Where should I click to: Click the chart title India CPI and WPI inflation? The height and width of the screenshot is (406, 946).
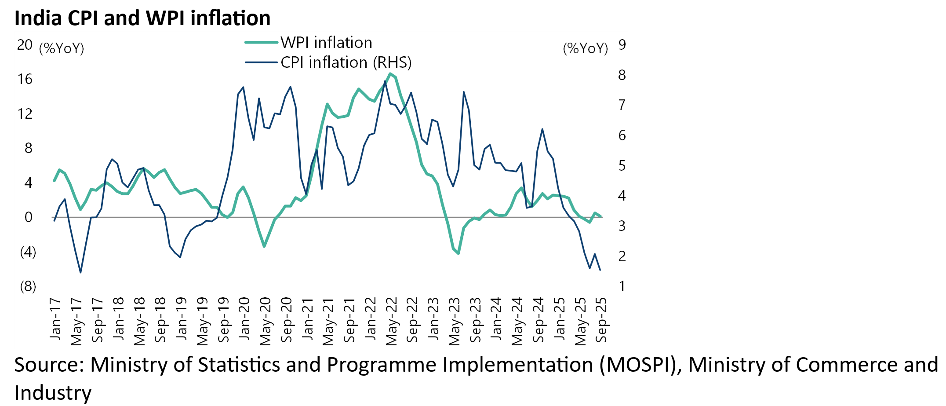142,18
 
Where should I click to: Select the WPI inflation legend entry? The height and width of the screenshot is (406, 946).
326,43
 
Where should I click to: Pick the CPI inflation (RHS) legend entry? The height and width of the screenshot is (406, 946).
346,62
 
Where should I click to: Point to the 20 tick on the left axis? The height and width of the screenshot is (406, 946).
25,45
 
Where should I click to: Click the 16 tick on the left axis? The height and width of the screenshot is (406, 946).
25,79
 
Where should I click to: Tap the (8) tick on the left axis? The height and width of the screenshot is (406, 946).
28,287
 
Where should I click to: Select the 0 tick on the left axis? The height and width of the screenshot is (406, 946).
29,217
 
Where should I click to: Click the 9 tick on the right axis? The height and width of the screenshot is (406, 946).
622,45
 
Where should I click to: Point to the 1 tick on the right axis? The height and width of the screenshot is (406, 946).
622,286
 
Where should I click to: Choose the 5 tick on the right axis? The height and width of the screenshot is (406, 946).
622,166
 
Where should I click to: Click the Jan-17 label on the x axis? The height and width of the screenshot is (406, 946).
55,319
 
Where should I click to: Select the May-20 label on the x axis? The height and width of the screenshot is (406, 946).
265,321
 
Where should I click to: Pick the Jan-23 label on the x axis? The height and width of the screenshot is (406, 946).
433,319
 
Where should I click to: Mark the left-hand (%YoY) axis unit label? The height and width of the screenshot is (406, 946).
62,48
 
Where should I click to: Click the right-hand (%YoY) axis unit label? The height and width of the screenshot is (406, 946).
585,48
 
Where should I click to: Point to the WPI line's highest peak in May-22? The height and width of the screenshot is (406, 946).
390,73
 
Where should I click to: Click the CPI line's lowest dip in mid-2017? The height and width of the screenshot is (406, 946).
80,272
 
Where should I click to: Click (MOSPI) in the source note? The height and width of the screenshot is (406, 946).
640,365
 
